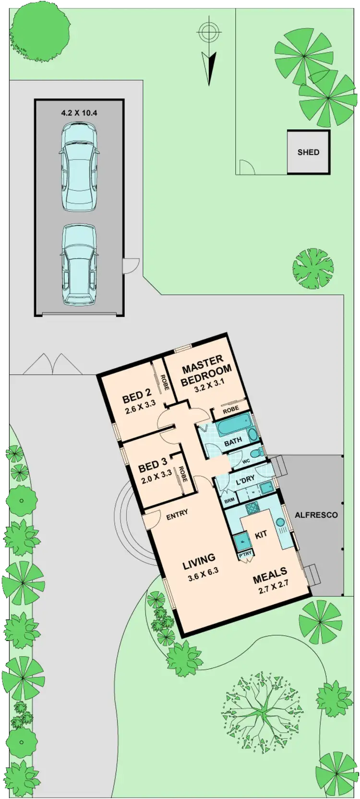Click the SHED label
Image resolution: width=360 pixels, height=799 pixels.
pos(308,152)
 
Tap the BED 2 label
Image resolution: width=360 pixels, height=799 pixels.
pos(136,397)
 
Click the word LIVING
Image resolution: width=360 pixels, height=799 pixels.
pos(199,559)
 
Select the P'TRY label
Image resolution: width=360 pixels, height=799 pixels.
pos(245,556)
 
